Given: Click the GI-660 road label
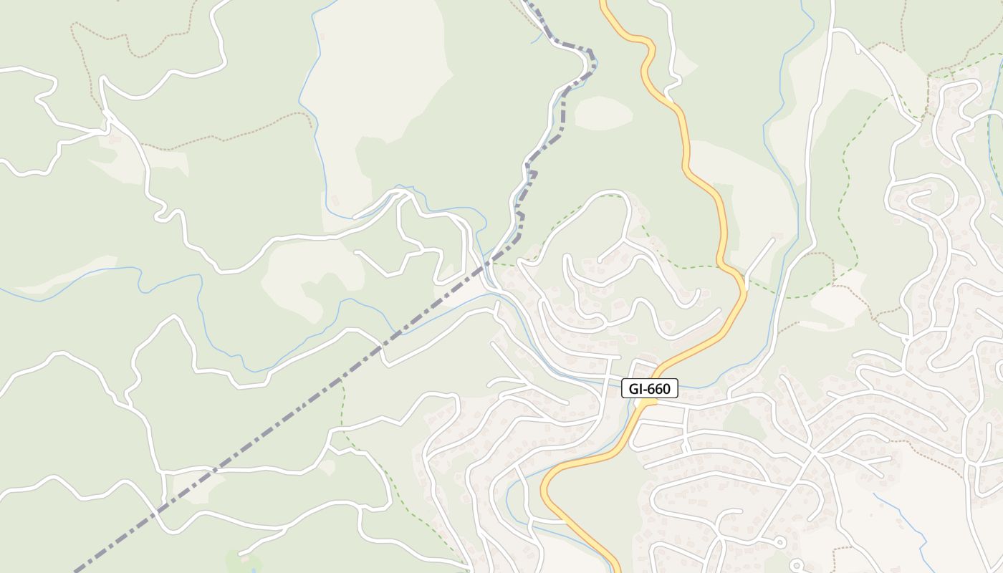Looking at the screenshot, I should click(x=649, y=389).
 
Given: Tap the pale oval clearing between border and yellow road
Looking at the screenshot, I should click(x=603, y=113).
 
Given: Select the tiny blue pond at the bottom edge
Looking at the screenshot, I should click(x=252, y=571).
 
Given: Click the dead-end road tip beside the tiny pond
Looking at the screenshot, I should click(x=240, y=553).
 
